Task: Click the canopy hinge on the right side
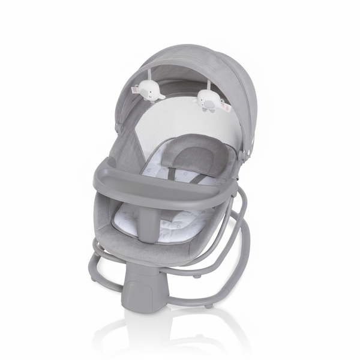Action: click(241, 154)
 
